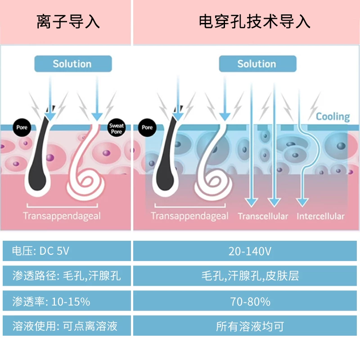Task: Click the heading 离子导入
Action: point(68,22)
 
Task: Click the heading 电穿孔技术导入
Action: point(254,22)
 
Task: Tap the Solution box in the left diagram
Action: point(73,63)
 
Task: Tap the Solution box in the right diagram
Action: point(257,63)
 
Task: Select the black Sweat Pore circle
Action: point(117,128)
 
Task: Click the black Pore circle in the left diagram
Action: point(22,128)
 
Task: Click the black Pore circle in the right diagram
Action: point(147,128)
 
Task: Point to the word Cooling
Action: point(333,117)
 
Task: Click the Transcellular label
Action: point(263,216)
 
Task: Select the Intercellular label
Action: point(320,216)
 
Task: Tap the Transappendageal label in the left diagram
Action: point(62,216)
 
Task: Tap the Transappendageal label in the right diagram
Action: point(189,216)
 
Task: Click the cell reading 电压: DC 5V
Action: point(67,251)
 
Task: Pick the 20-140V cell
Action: point(245,251)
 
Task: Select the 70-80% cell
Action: point(245,301)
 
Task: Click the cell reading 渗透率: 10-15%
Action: point(67,301)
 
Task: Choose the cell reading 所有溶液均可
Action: point(245,325)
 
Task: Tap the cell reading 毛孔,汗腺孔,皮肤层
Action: point(245,275)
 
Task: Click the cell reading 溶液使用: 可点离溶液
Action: point(67,325)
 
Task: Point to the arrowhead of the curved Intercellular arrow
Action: point(302,202)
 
